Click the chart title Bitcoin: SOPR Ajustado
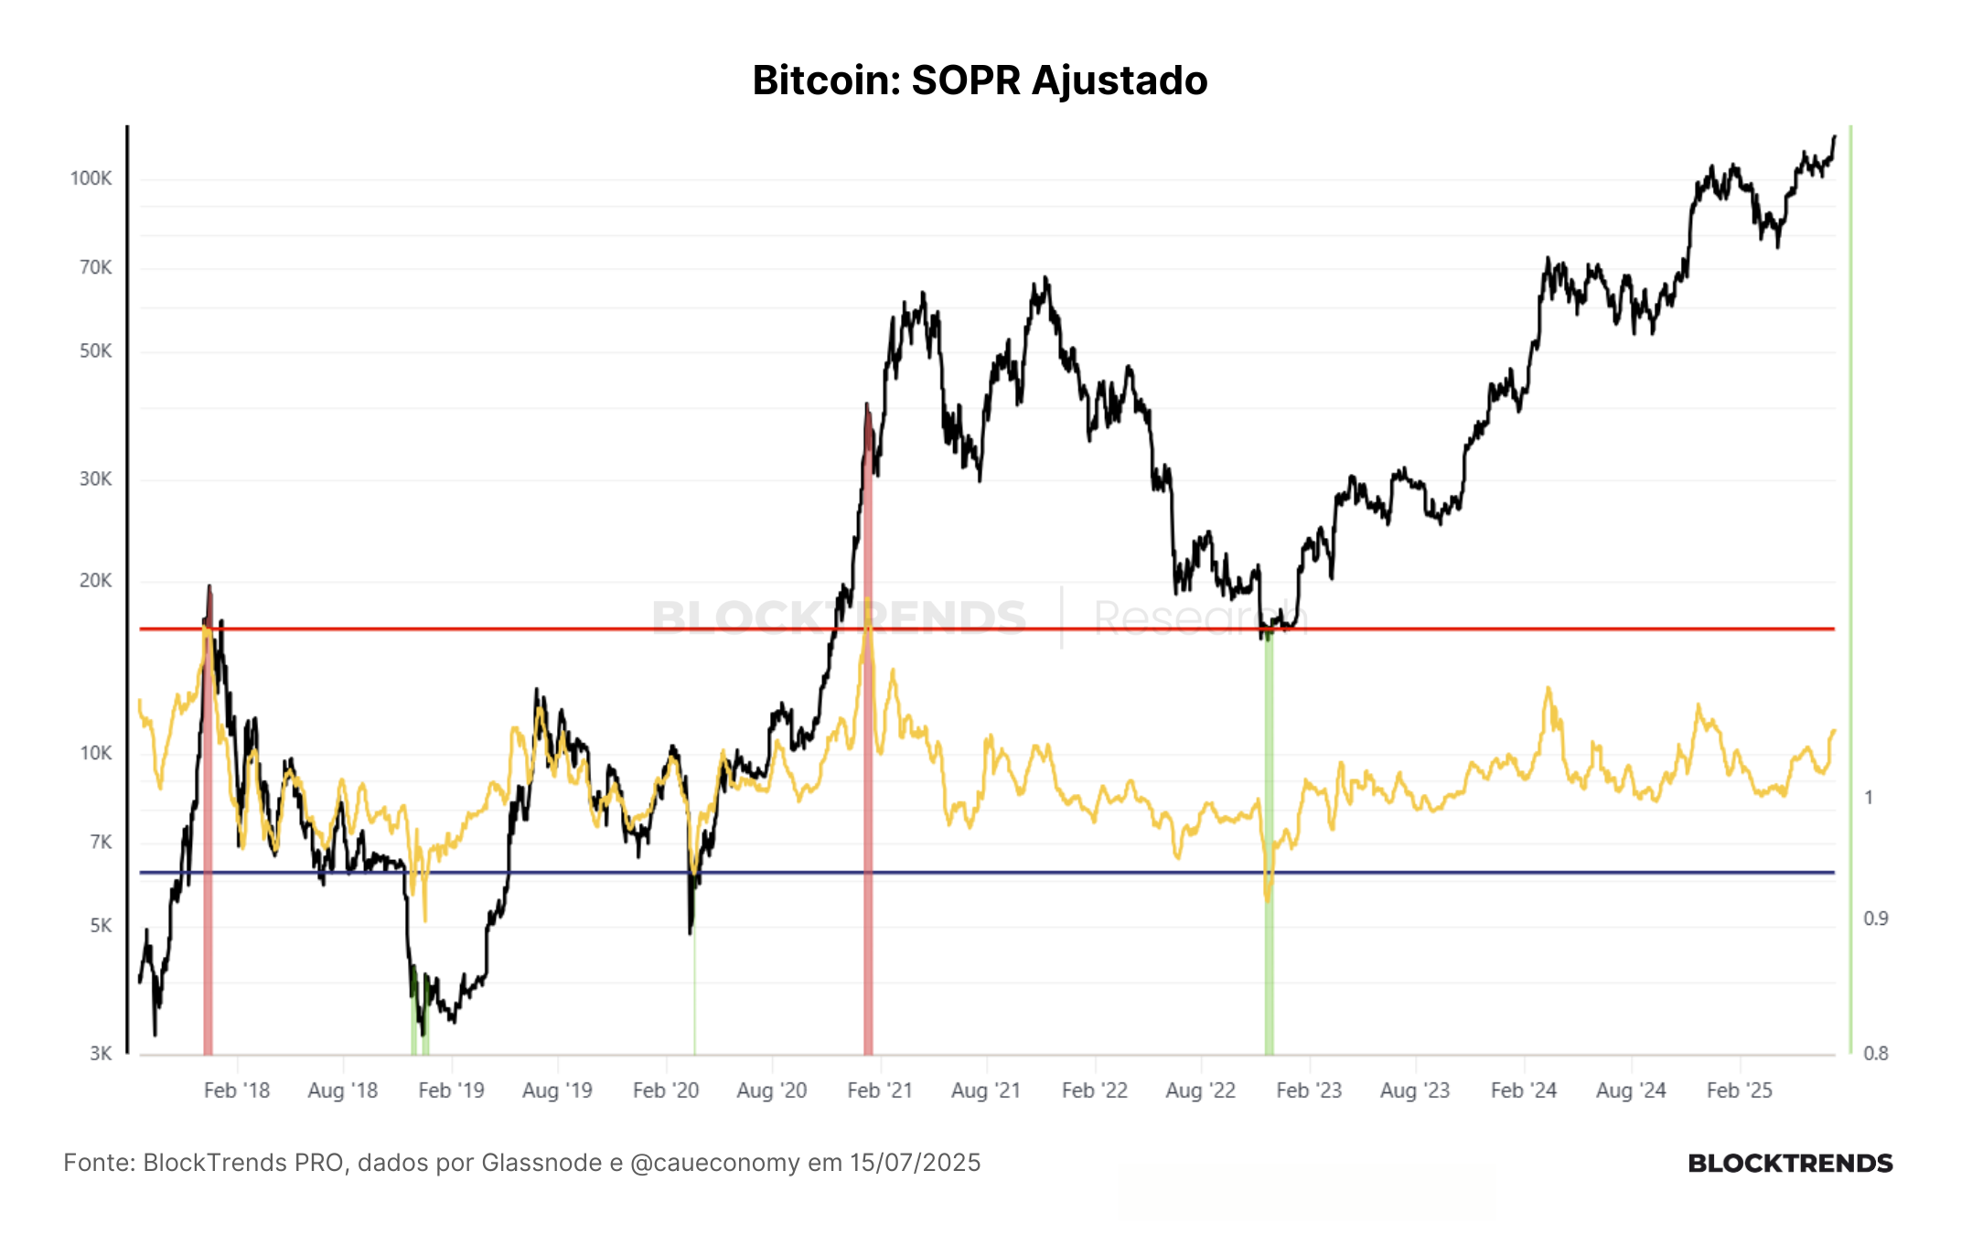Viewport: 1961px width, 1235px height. click(x=980, y=81)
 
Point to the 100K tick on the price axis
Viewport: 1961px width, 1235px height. click(x=91, y=178)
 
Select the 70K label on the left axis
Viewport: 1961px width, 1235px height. click(x=95, y=268)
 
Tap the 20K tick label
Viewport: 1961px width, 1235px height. click(x=95, y=581)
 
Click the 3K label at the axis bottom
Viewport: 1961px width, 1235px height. click(x=101, y=1054)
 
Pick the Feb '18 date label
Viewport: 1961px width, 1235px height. click(x=237, y=1090)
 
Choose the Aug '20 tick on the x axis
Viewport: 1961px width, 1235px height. click(x=772, y=1090)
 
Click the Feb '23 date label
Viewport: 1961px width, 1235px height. click(x=1309, y=1090)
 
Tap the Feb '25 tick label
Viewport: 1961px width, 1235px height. click(x=1740, y=1090)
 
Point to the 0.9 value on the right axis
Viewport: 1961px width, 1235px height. click(x=1876, y=918)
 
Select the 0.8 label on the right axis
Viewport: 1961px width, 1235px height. click(x=1876, y=1054)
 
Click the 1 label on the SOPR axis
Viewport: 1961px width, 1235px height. click(x=1869, y=798)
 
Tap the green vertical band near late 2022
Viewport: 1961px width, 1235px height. click(x=1269, y=842)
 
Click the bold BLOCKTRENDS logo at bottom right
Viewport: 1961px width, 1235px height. click(x=1790, y=1164)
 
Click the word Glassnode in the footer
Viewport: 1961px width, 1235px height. click(x=541, y=1163)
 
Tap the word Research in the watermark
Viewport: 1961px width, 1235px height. click(x=1201, y=617)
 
